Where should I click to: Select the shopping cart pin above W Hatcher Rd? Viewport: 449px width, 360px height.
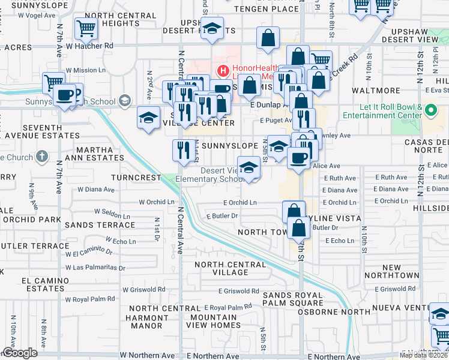86,28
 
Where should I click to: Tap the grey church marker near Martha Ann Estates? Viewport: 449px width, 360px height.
41,157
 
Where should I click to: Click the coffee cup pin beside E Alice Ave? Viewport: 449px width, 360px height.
298,159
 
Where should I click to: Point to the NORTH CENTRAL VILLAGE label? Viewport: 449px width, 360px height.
221,268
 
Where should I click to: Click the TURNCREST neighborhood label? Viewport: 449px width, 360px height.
136,178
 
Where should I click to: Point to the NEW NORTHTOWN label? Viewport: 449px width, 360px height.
400,271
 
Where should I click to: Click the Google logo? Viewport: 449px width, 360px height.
20,353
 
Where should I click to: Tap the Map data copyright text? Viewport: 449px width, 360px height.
424,354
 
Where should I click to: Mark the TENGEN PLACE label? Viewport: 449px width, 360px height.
266,9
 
